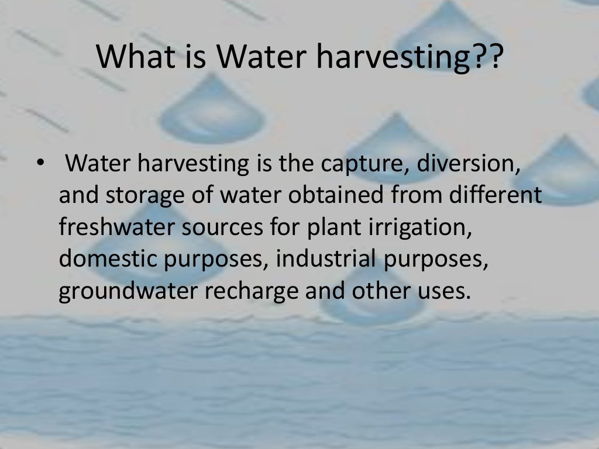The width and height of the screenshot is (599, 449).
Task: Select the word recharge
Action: (x=252, y=291)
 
